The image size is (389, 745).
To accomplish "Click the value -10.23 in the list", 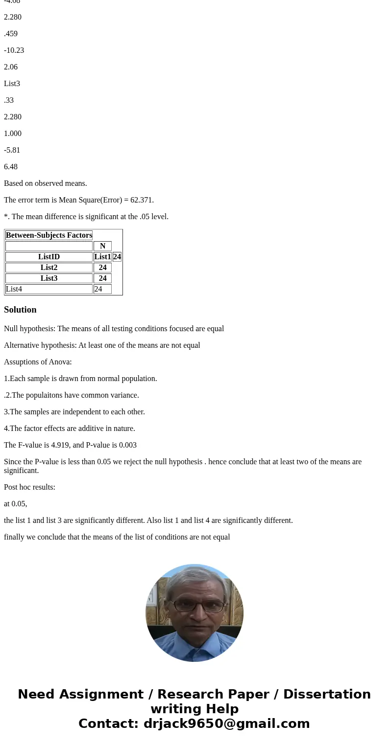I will (x=14, y=50).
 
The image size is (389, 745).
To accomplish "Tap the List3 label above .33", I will (x=12, y=84).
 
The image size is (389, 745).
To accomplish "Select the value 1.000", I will (x=13, y=134).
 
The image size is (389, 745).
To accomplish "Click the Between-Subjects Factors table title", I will (x=49, y=235).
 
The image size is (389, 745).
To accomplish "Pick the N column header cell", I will (x=102, y=246).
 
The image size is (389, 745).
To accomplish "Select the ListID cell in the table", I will (x=49, y=257).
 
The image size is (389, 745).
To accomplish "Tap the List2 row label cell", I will (x=49, y=268).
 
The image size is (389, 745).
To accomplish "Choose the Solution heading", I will (x=20, y=310).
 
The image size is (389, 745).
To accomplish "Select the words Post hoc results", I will (x=29, y=487).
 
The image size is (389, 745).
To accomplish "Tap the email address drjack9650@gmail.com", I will (x=226, y=724).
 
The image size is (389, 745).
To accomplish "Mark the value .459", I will (x=11, y=34).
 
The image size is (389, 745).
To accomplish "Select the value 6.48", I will (x=11, y=167).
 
